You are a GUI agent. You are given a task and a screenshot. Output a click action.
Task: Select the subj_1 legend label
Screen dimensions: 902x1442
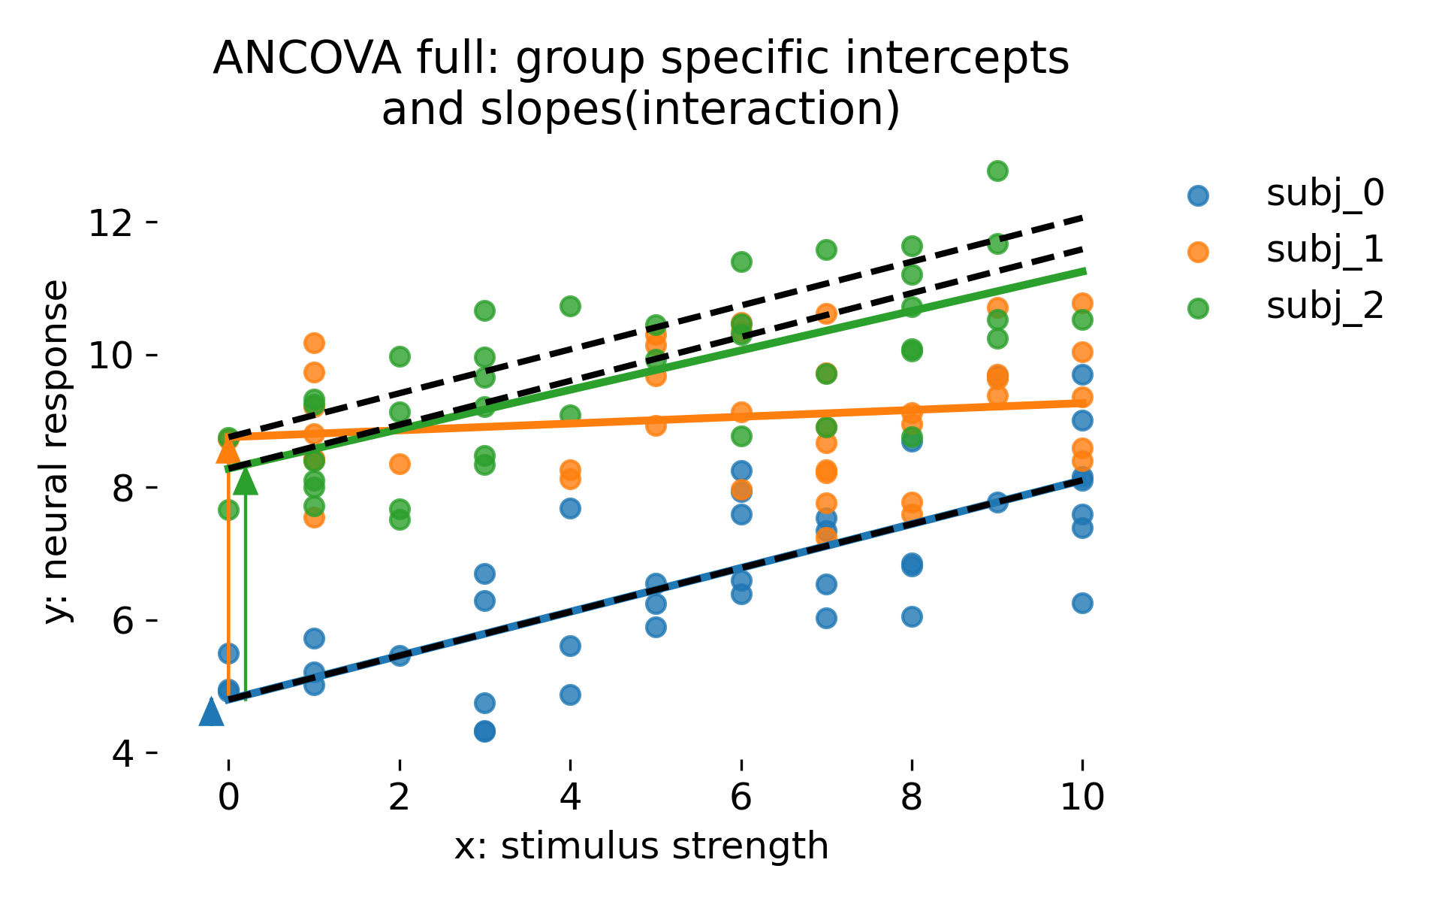[x=1325, y=250]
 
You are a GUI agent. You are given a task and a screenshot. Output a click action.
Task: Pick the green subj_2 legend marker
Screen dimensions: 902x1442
[x=1198, y=308]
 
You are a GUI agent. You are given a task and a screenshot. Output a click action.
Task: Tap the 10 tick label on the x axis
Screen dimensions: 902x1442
[x=1081, y=797]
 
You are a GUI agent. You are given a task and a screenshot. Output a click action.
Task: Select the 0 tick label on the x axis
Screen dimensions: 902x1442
[x=228, y=797]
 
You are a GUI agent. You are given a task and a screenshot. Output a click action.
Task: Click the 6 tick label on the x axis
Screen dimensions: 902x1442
[x=741, y=797]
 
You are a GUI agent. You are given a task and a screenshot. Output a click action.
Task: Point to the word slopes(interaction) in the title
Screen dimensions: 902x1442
[x=641, y=110]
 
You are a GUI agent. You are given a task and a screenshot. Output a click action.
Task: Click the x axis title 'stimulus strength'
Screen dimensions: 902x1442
[x=664, y=846]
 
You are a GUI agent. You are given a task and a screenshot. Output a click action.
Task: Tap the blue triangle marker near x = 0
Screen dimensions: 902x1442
[x=211, y=712]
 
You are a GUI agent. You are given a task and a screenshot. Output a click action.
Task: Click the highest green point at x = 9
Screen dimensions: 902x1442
[x=997, y=171]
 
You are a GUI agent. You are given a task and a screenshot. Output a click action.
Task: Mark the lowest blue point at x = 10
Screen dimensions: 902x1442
[x=1082, y=603]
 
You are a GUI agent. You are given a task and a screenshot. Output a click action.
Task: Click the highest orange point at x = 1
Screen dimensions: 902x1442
[x=314, y=344]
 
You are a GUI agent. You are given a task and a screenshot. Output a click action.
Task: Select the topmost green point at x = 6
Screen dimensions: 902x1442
[x=741, y=262]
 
